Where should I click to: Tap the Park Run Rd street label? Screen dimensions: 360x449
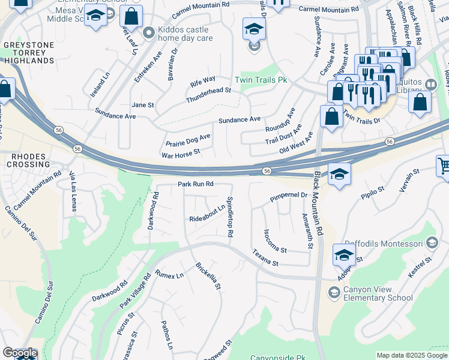click(x=196, y=184)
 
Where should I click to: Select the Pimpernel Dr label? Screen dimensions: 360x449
click(x=289, y=196)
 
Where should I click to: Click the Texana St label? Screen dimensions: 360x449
click(x=265, y=259)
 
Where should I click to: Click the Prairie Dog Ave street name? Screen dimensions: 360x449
click(x=188, y=141)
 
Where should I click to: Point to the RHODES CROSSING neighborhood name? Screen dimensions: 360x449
click(x=28, y=160)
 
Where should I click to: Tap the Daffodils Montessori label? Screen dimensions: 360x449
click(x=391, y=243)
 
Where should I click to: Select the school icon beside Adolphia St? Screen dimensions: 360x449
click(x=345, y=256)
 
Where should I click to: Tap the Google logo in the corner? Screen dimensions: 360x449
click(x=20, y=353)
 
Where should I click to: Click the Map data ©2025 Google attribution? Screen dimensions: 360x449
click(x=412, y=355)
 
